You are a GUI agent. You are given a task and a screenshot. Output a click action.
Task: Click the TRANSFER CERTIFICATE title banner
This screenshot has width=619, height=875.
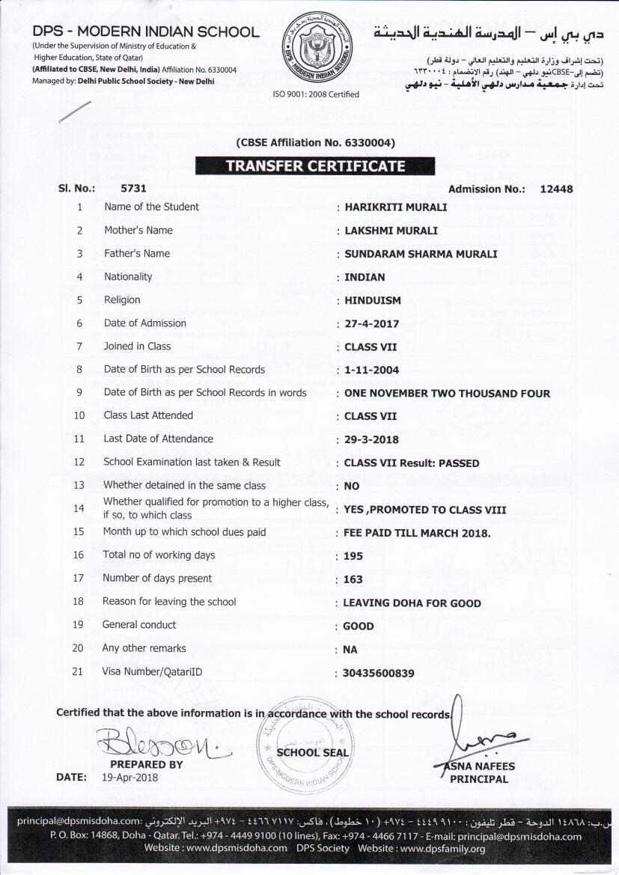pyautogui.click(x=315, y=166)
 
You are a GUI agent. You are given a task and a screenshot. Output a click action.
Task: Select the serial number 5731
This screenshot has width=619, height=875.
pyautogui.click(x=133, y=189)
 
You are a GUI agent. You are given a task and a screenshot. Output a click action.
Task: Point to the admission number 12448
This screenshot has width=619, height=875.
pyautogui.click(x=556, y=189)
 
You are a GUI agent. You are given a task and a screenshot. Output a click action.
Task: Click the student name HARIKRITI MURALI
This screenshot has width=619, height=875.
pyautogui.click(x=395, y=207)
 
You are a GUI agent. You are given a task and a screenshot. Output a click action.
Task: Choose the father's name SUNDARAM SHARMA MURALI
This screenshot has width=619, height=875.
pyautogui.click(x=420, y=254)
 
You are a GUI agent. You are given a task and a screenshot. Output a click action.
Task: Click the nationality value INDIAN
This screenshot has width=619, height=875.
pyautogui.click(x=365, y=277)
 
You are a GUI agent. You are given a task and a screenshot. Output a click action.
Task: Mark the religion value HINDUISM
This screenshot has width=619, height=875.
pyautogui.click(x=372, y=300)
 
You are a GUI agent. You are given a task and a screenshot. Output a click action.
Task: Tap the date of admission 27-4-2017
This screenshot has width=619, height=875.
pyautogui.click(x=372, y=324)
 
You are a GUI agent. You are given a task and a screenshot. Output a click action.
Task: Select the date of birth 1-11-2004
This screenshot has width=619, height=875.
pyautogui.click(x=372, y=370)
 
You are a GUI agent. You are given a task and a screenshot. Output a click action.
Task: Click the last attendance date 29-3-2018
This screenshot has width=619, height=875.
pyautogui.click(x=372, y=439)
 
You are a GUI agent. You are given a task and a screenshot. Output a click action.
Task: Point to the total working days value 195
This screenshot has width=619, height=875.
pyautogui.click(x=353, y=556)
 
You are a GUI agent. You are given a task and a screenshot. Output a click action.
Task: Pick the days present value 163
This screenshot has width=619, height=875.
pyautogui.click(x=353, y=579)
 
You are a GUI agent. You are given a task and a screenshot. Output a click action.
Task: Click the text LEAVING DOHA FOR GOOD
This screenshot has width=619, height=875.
pyautogui.click(x=412, y=603)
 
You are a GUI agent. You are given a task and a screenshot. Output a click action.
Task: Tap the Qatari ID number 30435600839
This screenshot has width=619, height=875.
pyautogui.click(x=378, y=674)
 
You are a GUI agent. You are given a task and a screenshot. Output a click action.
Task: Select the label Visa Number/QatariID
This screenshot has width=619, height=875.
pyautogui.click(x=152, y=672)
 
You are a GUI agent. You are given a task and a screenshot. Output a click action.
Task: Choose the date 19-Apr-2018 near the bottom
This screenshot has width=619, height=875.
pyautogui.click(x=129, y=777)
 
